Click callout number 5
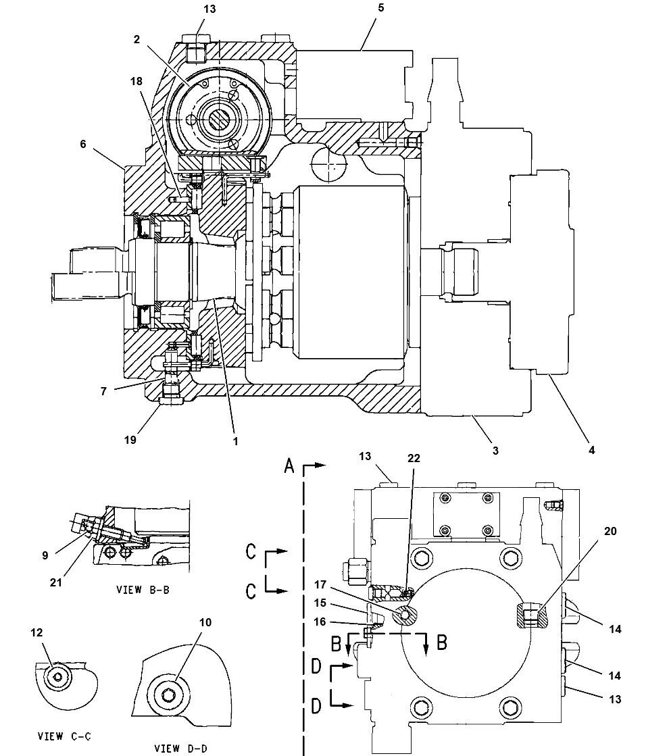(x=380, y=8)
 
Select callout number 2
(x=137, y=40)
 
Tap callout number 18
(x=137, y=81)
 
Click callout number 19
(x=130, y=439)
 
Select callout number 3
(x=495, y=450)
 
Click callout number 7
(x=103, y=390)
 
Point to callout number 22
(x=414, y=458)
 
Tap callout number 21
(x=56, y=582)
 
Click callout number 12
(x=36, y=632)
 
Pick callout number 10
(x=205, y=622)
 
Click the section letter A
(x=289, y=465)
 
